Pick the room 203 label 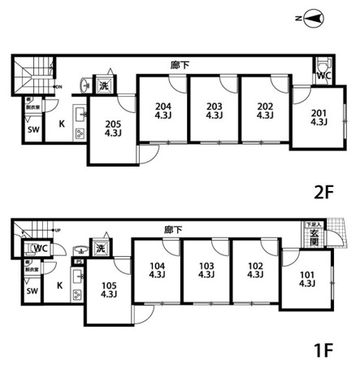[214, 110]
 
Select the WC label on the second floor [323, 76]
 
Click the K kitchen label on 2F [61, 124]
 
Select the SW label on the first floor [32, 292]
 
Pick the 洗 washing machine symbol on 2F [103, 85]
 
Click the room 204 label [163, 110]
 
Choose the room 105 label [108, 290]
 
